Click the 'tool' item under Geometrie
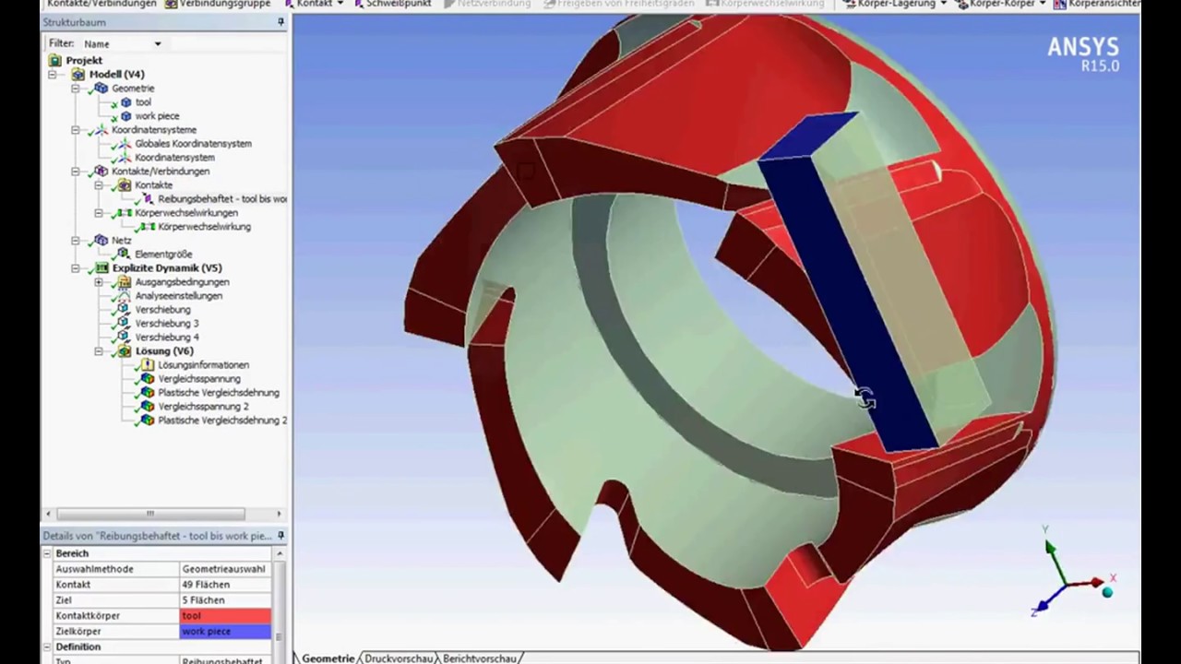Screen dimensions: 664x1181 pyautogui.click(x=143, y=102)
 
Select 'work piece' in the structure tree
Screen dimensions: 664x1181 pyautogui.click(x=157, y=116)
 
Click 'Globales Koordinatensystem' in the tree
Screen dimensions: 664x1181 pyautogui.click(x=193, y=144)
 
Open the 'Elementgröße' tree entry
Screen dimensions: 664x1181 pyautogui.click(x=163, y=255)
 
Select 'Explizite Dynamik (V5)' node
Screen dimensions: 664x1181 pyautogui.click(x=166, y=268)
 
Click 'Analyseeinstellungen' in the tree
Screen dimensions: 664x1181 pyautogui.click(x=178, y=296)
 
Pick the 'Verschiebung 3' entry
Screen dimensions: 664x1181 pyautogui.click(x=167, y=324)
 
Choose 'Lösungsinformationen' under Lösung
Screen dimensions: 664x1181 pyautogui.click(x=203, y=365)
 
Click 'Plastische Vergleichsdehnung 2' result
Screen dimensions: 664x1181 pyautogui.click(x=221, y=421)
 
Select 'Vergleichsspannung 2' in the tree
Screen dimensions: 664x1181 pyautogui.click(x=203, y=407)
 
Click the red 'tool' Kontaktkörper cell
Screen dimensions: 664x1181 pyautogui.click(x=225, y=616)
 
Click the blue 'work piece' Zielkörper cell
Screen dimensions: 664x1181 pyautogui.click(x=225, y=632)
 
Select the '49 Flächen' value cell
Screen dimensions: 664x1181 pyautogui.click(x=225, y=585)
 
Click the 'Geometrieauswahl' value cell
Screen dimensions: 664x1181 pyautogui.click(x=225, y=569)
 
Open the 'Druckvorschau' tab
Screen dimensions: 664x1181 pyautogui.click(x=399, y=658)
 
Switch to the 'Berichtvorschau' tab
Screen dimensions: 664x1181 pyautogui.click(x=479, y=658)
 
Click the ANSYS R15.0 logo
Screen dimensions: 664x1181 pyautogui.click(x=1082, y=53)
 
